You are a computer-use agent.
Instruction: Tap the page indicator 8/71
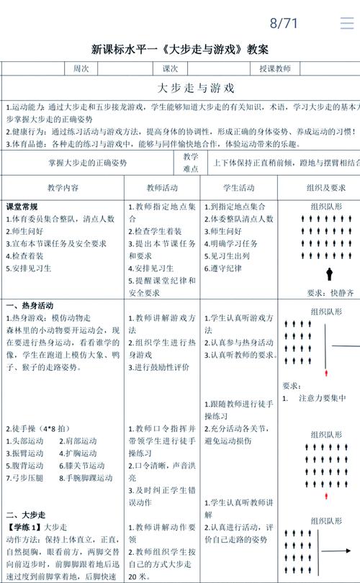(284, 23)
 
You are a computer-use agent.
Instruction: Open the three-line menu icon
(347, 23)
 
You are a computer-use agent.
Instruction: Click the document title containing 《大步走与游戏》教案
(180, 50)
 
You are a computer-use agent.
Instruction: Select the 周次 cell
(81, 69)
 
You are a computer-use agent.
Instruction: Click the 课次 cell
(170, 69)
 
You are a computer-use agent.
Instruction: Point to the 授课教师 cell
(275, 69)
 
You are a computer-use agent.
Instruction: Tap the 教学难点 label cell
(191, 162)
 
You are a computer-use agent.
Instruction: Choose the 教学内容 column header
(63, 187)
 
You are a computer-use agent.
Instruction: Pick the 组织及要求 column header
(318, 187)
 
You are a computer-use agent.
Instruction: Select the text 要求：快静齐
(330, 293)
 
